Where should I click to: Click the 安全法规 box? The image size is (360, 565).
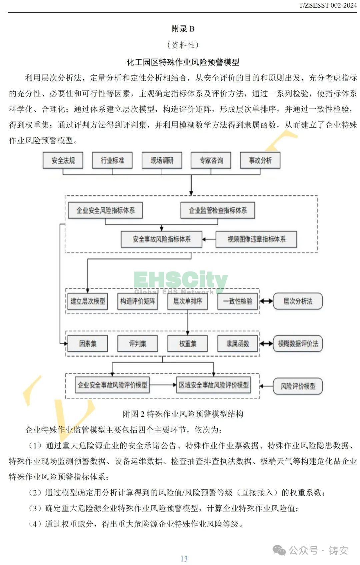[x=63, y=160]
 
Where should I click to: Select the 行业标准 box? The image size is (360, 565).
[x=112, y=160]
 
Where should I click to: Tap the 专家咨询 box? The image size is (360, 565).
[x=211, y=160]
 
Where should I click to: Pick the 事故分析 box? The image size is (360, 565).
[x=260, y=160]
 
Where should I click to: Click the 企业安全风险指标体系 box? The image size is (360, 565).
[x=105, y=210]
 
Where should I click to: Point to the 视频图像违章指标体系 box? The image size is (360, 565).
[x=256, y=239]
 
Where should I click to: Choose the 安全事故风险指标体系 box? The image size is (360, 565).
[x=162, y=239]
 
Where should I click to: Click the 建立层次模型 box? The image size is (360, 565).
[x=88, y=301]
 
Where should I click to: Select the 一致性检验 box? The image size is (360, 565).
[x=238, y=301]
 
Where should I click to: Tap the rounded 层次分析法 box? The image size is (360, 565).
[x=298, y=301]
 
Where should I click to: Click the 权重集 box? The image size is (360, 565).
[x=188, y=344]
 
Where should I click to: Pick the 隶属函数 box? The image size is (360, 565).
[x=238, y=344]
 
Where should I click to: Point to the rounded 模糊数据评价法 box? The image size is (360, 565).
[x=298, y=344]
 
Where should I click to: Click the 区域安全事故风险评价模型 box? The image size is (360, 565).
[x=214, y=385]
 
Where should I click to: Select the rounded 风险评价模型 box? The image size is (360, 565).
[x=298, y=386]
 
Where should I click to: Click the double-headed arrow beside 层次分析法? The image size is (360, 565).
[x=266, y=301]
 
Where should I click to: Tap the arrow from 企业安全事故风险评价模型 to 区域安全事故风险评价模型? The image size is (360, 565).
[x=163, y=385]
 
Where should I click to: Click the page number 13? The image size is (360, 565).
[x=184, y=559]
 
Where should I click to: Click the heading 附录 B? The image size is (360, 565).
[x=183, y=29]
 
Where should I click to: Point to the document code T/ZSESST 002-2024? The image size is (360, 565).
[x=328, y=5]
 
